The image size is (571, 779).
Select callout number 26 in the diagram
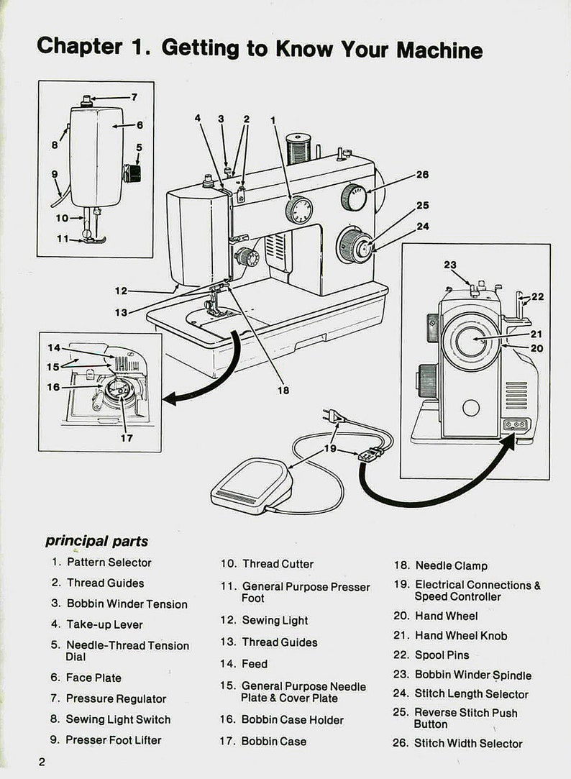coord(422,175)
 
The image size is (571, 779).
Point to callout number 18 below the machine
coord(283,390)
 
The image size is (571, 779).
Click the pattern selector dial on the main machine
coord(298,211)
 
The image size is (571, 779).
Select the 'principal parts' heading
coord(96,541)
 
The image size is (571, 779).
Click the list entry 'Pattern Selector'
coord(109,562)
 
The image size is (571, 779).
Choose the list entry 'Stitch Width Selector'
coord(467,744)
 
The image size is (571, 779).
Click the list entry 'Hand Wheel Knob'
coord(460,636)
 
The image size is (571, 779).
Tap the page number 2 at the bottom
coord(42,762)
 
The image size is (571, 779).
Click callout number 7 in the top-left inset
coord(134,97)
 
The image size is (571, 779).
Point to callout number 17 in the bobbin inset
coord(127,437)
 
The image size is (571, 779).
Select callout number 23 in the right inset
coord(450,265)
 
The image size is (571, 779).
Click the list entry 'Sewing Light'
coord(275,620)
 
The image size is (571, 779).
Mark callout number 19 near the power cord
coord(330,448)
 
